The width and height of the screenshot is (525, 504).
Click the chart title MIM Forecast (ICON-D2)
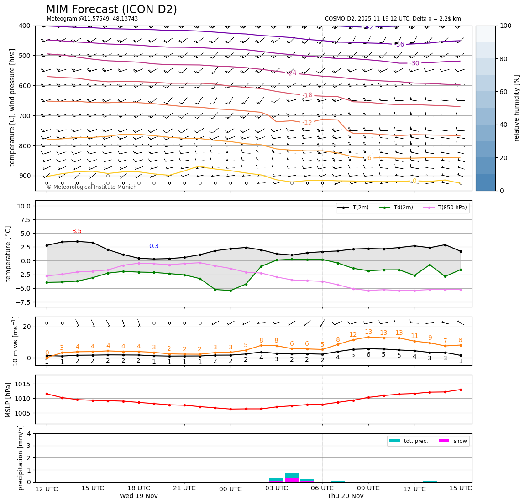coord(111,10)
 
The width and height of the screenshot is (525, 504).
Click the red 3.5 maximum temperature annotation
coord(77,231)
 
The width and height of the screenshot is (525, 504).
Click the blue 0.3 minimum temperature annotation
coord(154,246)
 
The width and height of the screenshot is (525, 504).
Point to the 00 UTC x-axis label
coord(230,489)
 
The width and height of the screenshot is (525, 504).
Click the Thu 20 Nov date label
coord(345,496)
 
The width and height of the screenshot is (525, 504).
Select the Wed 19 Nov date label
coord(138,496)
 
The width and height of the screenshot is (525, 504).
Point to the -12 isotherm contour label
coord(307,123)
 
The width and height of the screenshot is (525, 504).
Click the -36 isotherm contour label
coord(399,44)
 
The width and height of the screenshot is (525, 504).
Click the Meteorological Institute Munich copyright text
coord(92,187)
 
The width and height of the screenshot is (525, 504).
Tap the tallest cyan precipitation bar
coord(292,475)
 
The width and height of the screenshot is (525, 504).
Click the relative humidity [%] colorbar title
coord(517,108)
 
